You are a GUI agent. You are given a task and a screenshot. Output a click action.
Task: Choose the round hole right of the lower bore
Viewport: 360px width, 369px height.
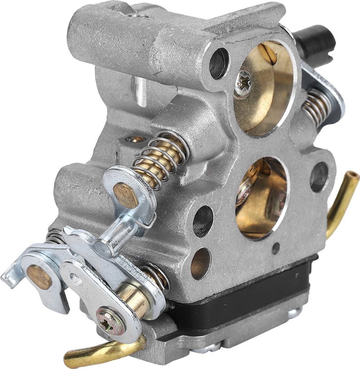(319, 176)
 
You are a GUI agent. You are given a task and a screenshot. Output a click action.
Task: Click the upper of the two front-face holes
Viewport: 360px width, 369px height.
(203, 221)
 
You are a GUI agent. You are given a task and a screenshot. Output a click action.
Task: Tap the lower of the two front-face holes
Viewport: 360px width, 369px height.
(200, 263)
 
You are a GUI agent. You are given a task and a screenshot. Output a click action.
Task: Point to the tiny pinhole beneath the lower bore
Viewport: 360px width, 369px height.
(276, 248)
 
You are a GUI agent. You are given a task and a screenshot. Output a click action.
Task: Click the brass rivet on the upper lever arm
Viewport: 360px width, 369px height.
(125, 195)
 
